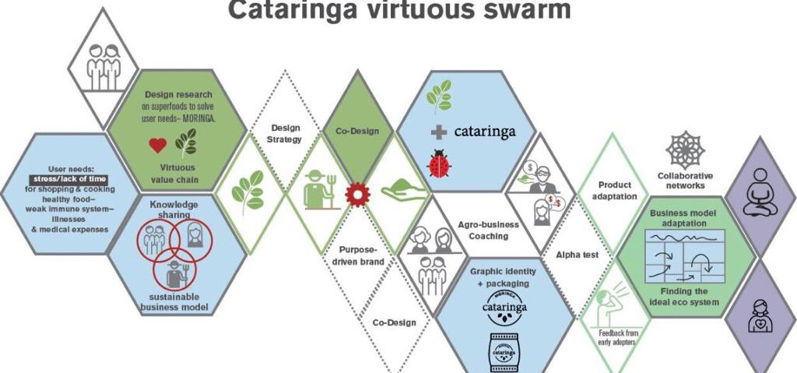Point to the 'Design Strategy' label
(x=286, y=133)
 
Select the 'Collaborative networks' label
(x=685, y=181)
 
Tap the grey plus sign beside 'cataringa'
(x=439, y=132)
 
